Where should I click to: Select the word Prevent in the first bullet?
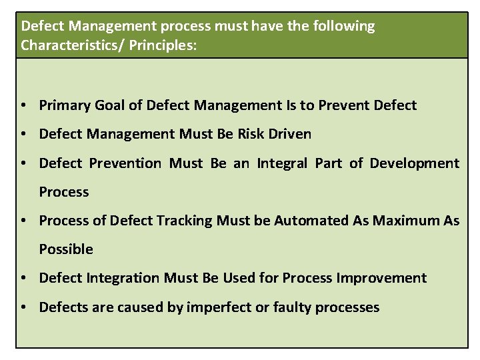(x=349, y=105)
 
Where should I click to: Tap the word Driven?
(x=288, y=134)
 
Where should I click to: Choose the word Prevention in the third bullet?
(x=123, y=163)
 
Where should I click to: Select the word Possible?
(x=66, y=249)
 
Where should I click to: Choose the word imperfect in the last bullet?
(x=227, y=307)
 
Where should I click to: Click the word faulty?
(x=291, y=307)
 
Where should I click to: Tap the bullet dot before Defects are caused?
(x=23, y=307)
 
